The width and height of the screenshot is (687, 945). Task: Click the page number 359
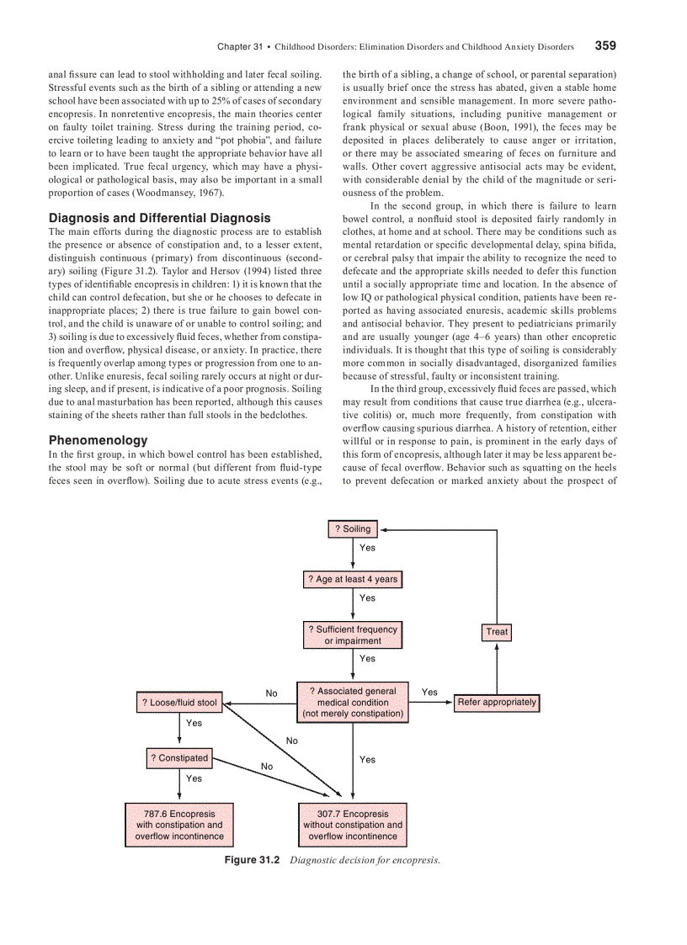coord(605,45)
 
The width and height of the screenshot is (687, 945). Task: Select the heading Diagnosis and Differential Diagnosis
coord(160,218)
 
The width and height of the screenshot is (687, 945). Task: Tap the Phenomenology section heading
coord(98,440)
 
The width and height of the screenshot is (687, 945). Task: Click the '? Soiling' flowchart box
coord(353,529)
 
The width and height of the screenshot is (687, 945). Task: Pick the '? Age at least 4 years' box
coord(353,580)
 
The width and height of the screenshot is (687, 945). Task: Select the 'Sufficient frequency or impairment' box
coord(353,635)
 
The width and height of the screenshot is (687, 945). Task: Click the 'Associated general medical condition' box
coord(353,703)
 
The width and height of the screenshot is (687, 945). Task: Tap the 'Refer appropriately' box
coord(497,703)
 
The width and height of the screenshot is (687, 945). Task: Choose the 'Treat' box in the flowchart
coord(497,632)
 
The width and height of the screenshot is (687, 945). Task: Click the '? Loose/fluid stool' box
coord(179,703)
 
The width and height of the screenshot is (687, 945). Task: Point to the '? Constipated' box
coord(179,758)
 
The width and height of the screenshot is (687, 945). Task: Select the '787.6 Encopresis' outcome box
coord(179,826)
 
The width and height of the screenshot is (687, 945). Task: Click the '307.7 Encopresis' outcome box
coord(353,826)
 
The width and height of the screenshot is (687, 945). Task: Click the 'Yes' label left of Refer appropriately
coord(429,693)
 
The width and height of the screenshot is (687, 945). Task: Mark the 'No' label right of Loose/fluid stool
coord(272,693)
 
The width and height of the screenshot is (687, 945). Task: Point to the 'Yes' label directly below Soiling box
coord(367,548)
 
